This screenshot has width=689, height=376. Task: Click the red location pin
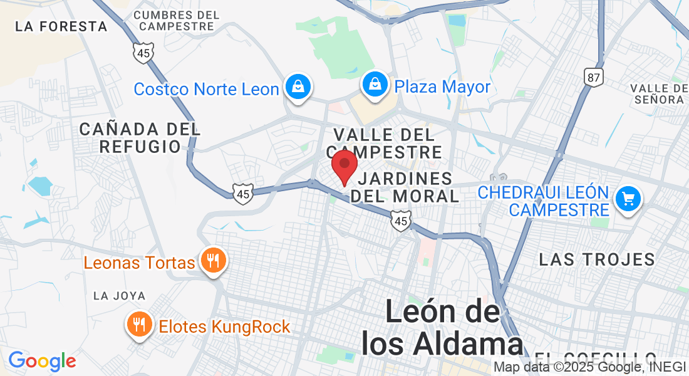344,165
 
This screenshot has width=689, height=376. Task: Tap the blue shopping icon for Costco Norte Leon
298,87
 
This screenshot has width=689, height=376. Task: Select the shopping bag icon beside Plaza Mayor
374,85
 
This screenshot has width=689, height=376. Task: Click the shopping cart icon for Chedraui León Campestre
628,199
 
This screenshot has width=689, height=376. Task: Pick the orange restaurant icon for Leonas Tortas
214,260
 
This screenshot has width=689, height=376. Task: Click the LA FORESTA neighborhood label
61,26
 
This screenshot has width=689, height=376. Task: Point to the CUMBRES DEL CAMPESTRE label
177,21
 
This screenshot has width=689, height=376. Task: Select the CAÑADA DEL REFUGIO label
140,138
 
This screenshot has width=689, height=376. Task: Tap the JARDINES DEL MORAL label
405,187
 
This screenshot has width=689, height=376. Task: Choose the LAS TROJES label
597,259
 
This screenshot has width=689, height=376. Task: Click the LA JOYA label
119,296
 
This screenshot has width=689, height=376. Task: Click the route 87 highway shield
593,76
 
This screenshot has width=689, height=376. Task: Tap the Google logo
42,361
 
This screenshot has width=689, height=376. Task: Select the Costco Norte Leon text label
206,89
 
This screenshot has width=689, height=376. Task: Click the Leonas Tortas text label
140,262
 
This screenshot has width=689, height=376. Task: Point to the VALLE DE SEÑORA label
659,93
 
